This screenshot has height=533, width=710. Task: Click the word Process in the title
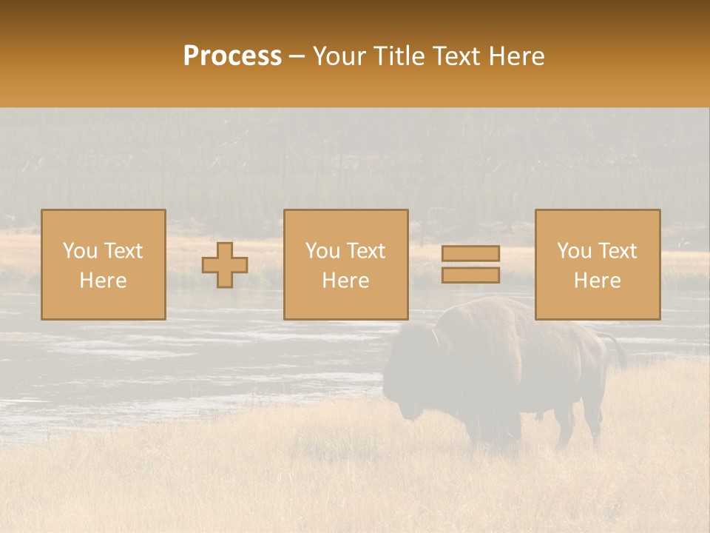pyautogui.click(x=232, y=56)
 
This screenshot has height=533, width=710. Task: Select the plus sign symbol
pyautogui.click(x=225, y=265)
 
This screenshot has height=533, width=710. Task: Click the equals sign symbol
pyautogui.click(x=470, y=264)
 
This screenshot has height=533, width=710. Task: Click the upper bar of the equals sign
pyautogui.click(x=470, y=254)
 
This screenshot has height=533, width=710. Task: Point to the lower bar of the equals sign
pyautogui.click(x=470, y=275)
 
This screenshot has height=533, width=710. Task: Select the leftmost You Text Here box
pyautogui.click(x=103, y=264)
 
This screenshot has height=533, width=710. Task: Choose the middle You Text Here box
pyautogui.click(x=345, y=264)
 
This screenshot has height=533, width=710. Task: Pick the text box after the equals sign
pyautogui.click(x=597, y=264)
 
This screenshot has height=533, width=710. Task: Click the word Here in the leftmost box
pyautogui.click(x=103, y=281)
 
